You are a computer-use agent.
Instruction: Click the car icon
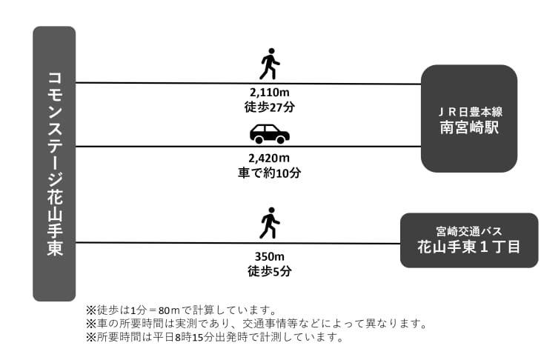[270, 134]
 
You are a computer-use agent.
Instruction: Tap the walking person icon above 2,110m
[270, 64]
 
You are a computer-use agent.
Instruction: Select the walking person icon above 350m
[270, 223]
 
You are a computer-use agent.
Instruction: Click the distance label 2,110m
[270, 93]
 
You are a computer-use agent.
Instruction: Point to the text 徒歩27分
[270, 107]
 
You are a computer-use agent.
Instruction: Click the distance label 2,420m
[270, 159]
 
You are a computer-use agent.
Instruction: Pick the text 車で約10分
[270, 173]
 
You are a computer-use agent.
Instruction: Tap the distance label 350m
[270, 256]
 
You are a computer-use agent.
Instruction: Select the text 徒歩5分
[270, 271]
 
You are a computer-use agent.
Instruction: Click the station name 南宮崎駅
[469, 127]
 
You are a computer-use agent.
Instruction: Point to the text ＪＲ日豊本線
[469, 112]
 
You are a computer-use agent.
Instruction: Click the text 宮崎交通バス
[469, 231]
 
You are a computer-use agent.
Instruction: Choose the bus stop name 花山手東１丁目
[469, 247]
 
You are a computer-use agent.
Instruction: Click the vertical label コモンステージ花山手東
[55, 164]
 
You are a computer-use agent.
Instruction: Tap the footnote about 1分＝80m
[182, 310]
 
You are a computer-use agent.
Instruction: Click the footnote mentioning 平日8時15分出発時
[215, 337]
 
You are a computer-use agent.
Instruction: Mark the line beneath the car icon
[248, 147]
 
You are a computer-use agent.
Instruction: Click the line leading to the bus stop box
[238, 243]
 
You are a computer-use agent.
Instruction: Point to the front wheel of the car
[281, 140]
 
